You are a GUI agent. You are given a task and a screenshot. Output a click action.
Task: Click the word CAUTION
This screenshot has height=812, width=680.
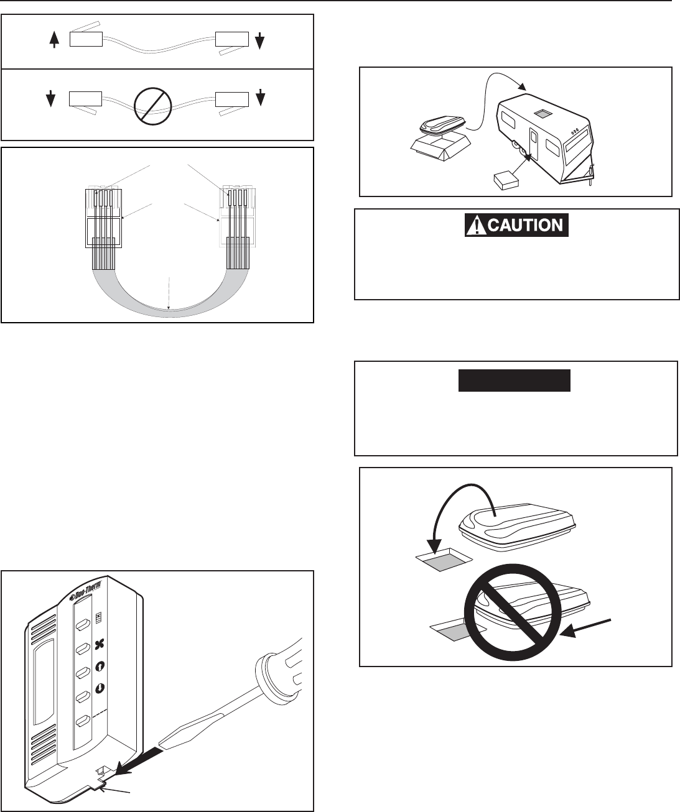pos(526,224)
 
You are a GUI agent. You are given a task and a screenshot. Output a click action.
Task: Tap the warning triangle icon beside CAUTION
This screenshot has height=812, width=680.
pos(476,224)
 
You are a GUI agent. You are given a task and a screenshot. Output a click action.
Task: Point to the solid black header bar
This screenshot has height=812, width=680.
pos(515,380)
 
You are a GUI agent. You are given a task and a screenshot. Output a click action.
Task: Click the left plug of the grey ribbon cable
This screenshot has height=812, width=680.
pos(103,218)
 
